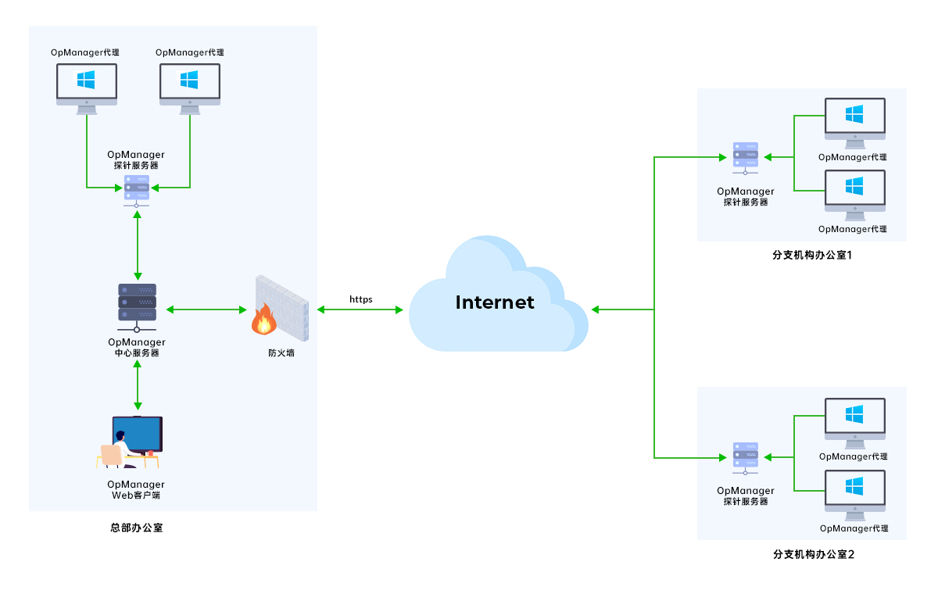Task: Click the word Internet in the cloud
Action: pos(495,302)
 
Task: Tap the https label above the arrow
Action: pos(360,299)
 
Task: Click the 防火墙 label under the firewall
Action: pos(281,353)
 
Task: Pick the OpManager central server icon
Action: pos(137,302)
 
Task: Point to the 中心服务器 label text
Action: pos(137,352)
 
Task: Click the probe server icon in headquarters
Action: pos(137,188)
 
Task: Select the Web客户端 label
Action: pos(137,496)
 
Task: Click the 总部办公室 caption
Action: pos(137,528)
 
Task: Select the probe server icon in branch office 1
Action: pos(745,156)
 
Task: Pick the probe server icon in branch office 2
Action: pos(745,456)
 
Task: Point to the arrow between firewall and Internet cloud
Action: pos(360,310)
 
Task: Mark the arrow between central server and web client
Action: pos(138,385)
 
